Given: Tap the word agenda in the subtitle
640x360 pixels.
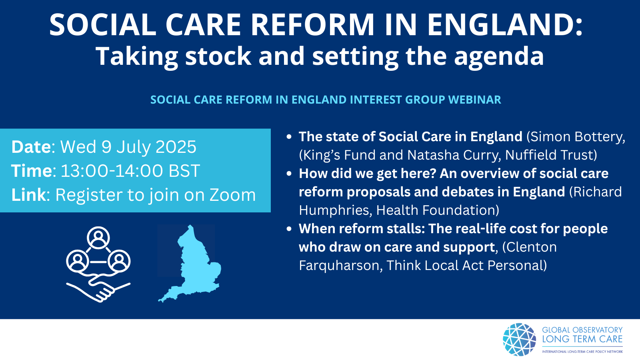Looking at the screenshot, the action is pyautogui.click(x=499, y=56).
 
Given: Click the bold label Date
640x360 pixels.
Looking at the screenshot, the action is pyautogui.click(x=31, y=147).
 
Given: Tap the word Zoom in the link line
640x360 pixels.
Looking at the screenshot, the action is pyautogui.click(x=232, y=195).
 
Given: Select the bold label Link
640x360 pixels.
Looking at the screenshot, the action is pyautogui.click(x=28, y=195).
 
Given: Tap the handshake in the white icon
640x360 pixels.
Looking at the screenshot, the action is pyautogui.click(x=98, y=288).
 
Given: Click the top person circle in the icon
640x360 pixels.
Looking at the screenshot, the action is pyautogui.click(x=98, y=238).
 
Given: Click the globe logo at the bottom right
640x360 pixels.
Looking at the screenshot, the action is pyautogui.click(x=520, y=340).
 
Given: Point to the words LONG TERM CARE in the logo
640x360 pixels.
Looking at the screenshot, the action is pyautogui.click(x=582, y=340).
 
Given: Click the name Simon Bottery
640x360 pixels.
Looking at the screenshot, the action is pyautogui.click(x=576, y=137).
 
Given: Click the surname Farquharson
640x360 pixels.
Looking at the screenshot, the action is pyautogui.click(x=339, y=266).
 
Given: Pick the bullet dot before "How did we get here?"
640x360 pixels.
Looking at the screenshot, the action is pyautogui.click(x=289, y=174).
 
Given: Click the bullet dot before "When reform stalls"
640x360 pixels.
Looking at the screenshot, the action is pyautogui.click(x=289, y=228).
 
